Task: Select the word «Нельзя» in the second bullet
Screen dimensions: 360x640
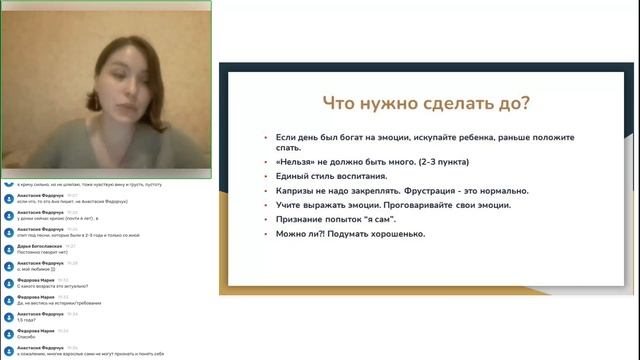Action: (293, 161)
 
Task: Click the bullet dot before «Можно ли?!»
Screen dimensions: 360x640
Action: (265, 234)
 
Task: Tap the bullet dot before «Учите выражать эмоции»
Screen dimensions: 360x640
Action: (265, 205)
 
